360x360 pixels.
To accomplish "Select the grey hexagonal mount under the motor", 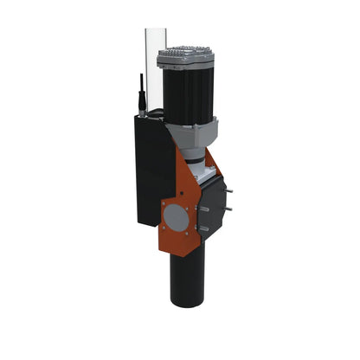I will click(193, 133).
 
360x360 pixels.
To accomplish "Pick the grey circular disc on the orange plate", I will click(176, 216).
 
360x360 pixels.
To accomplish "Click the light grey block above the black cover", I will click(205, 174).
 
